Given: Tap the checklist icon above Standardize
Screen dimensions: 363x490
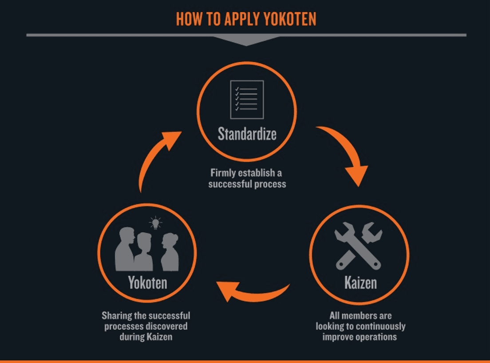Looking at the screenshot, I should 247,100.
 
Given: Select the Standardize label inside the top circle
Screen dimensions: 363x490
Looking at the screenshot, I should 247,134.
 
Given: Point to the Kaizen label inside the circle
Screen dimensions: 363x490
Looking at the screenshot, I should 360,282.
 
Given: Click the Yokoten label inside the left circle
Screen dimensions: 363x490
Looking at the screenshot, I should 147,283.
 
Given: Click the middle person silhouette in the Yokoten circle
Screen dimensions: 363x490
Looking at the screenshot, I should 144,252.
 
